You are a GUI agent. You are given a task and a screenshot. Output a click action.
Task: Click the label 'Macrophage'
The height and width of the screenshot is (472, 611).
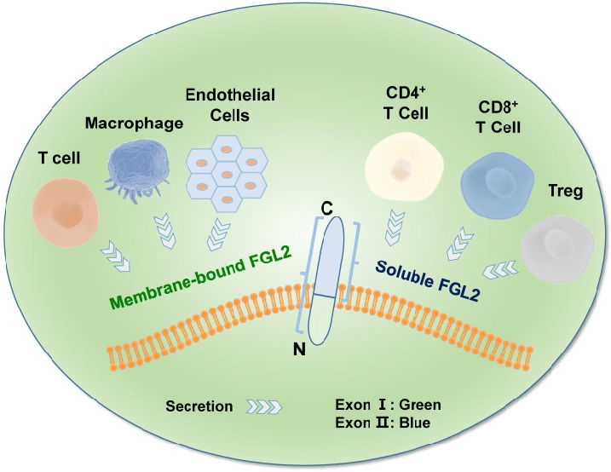point(135,124)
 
